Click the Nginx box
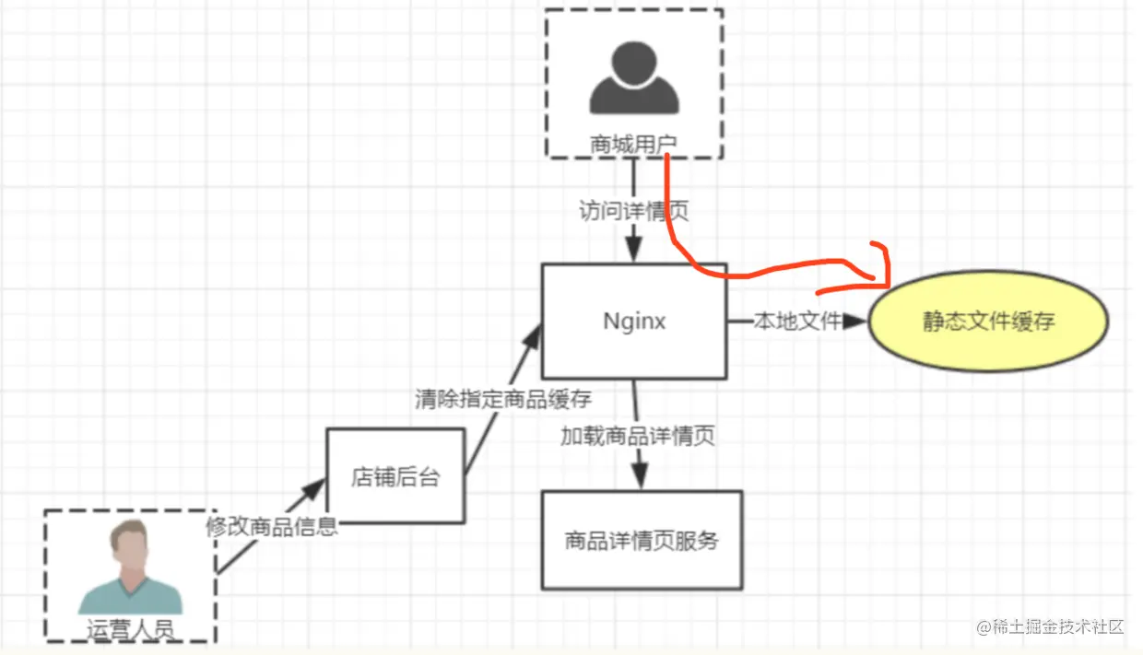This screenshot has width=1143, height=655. coord(634,321)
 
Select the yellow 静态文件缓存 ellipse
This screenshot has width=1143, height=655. coord(988,322)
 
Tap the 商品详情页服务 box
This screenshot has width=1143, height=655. coord(642,540)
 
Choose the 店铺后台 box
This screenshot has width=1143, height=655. coord(395,476)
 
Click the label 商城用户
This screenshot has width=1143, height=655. coord(633,144)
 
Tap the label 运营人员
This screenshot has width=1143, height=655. coord(130,629)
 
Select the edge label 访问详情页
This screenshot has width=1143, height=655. coord(633,211)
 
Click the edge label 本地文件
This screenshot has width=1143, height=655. coord(798,321)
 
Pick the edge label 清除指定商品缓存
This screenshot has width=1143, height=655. coord(503,399)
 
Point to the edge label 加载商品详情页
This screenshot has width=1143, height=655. coord(638,436)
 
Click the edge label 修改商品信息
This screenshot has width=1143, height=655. coord(272,527)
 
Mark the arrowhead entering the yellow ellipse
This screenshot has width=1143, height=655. coord(856,321)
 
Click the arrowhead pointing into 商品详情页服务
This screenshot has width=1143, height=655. coord(638,478)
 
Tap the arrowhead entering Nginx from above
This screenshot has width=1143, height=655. coord(633,251)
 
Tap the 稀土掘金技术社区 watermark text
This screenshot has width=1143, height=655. coord(1051,627)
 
